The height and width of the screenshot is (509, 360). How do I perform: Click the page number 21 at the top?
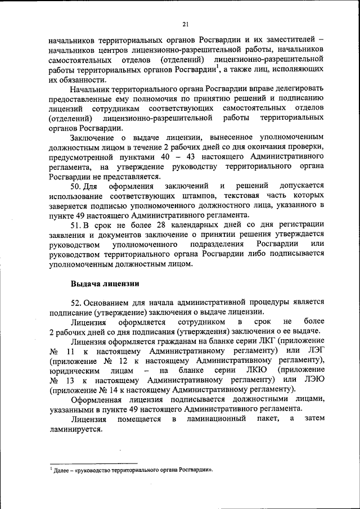click(185, 23)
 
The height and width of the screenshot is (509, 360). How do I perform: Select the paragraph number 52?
click(76, 304)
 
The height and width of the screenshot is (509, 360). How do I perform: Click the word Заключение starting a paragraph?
click(92, 137)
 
